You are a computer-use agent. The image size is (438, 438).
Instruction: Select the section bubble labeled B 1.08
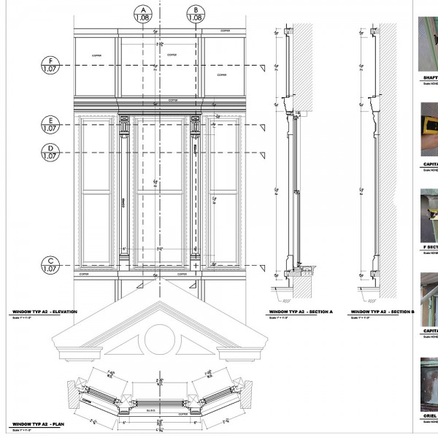(195, 14)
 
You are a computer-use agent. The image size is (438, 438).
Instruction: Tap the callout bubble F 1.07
(50, 66)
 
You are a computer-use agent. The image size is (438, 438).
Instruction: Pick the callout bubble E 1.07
(50, 125)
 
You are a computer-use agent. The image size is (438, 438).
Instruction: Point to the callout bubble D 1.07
(50, 153)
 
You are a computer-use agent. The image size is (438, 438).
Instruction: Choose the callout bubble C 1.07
(50, 265)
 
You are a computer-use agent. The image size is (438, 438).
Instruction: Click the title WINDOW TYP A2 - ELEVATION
(45, 312)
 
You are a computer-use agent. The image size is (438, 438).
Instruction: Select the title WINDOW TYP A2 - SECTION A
(300, 312)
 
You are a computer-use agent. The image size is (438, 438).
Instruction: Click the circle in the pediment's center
(158, 339)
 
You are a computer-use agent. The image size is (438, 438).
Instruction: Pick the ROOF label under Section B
(371, 300)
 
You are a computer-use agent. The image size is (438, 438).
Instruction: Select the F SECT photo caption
(429, 247)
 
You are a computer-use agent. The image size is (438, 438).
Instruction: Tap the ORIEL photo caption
(429, 417)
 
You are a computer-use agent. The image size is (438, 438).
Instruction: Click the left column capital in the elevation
(123, 126)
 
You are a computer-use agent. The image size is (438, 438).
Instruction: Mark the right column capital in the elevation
(195, 126)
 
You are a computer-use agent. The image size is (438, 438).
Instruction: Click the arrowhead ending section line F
(262, 66)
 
